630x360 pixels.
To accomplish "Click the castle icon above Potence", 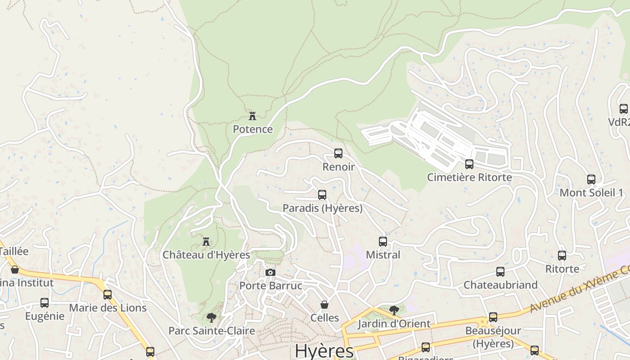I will pos(252,116).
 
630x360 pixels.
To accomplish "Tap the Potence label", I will pos(252,130).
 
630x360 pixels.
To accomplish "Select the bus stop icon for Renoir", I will pos(338,153).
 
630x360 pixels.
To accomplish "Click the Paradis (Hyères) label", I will pos(322,208).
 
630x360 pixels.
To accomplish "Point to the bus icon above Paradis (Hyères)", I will pos(322,195).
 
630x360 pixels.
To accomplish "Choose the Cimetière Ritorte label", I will pos(469,177).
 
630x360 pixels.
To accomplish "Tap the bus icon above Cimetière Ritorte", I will pos(469,164).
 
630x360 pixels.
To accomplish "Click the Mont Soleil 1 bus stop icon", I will pos(591,180).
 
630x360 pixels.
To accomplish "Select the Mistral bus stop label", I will pos(383,255).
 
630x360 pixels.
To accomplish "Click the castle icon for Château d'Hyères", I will pos(206,242).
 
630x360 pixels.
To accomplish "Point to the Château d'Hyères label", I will pos(206,255).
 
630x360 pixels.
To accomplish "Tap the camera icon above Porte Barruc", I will pos(270,272).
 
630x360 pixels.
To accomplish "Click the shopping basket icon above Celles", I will pos(324,305).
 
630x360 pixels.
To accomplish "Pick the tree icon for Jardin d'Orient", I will pos(394,310).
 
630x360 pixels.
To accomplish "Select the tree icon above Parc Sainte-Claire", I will pos(211,318).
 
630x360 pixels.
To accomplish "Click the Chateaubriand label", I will pos(500,285).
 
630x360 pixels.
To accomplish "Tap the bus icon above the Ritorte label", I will pos(562,256).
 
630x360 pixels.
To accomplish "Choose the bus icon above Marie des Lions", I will pos(108,295).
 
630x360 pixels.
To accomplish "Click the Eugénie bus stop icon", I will pos(45,303).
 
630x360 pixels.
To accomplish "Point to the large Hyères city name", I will pos(324,351).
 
